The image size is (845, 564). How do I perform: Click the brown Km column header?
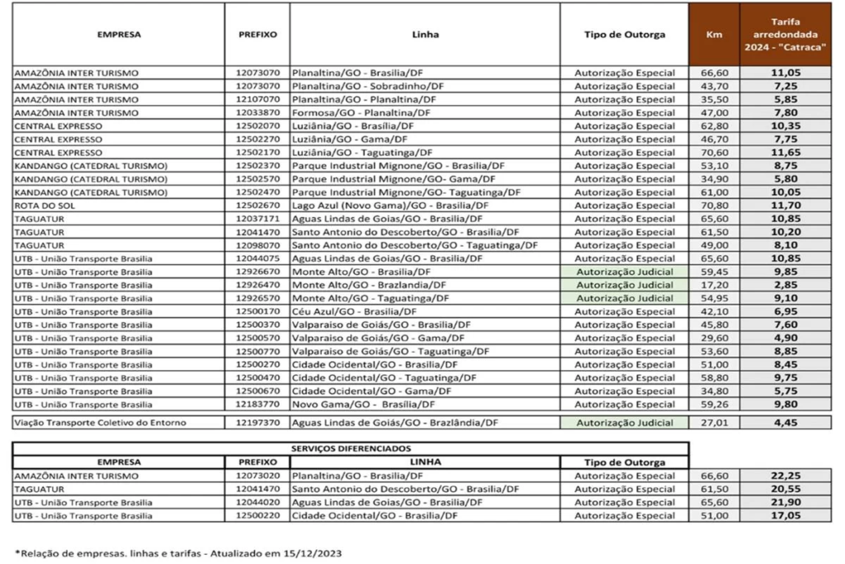click(x=714, y=35)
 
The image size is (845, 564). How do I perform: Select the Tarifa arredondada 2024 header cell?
click(x=786, y=35)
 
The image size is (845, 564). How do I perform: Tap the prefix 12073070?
click(x=257, y=73)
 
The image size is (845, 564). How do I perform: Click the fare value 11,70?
click(x=786, y=205)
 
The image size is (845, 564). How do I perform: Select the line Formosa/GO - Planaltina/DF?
click(x=361, y=112)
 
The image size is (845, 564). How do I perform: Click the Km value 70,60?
click(x=714, y=152)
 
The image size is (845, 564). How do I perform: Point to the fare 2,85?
click(x=786, y=285)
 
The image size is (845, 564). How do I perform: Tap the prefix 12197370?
click(x=257, y=423)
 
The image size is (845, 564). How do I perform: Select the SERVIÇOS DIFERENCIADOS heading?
click(x=352, y=448)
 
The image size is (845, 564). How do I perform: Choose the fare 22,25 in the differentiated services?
click(x=786, y=476)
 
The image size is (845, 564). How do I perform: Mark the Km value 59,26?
click(x=714, y=405)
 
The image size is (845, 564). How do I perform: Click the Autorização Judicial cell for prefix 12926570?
click(x=624, y=298)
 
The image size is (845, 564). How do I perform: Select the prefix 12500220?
click(x=257, y=516)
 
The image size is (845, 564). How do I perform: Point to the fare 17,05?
click(x=786, y=516)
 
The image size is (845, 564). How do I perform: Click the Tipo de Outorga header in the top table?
click(x=624, y=35)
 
